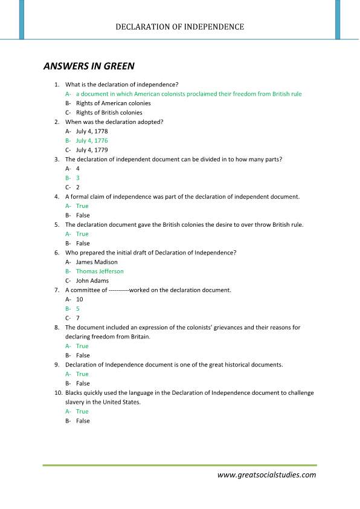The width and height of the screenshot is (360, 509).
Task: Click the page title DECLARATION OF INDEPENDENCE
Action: (180, 27)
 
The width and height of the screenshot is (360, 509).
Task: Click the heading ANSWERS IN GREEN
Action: (89, 66)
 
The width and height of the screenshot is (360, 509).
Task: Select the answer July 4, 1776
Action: (92, 140)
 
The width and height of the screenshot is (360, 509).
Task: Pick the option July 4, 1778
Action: (92, 131)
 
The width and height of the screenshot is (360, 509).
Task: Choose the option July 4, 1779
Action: (92, 150)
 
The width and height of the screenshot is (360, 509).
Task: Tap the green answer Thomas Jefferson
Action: (100, 271)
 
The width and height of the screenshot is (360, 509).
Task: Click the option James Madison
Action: (97, 262)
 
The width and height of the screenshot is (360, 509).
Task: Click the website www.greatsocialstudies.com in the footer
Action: (266, 475)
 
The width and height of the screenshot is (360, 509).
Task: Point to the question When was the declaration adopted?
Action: (114, 122)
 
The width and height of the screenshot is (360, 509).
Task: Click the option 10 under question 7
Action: (80, 299)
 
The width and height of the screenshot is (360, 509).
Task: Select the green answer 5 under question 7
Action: (78, 309)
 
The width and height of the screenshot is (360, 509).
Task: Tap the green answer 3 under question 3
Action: (78, 178)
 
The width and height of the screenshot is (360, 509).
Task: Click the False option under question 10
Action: (83, 421)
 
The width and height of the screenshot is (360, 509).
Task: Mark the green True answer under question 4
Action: (82, 206)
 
